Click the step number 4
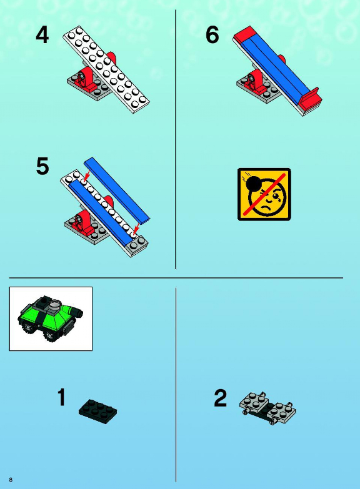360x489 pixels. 42,34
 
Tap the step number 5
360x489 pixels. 42,166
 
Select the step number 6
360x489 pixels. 212,34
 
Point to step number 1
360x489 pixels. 62,397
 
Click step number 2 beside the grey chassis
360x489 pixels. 220,398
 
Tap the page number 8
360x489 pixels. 11,480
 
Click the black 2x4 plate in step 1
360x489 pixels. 98,412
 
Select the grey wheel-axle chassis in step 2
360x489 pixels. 268,408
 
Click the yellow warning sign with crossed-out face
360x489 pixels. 264,194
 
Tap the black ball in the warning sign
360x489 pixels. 253,184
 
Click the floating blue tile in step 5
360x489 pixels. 117,190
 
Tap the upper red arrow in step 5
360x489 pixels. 87,175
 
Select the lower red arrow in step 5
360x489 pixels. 136,229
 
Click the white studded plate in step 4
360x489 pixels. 106,69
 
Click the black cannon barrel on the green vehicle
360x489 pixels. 77,312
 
